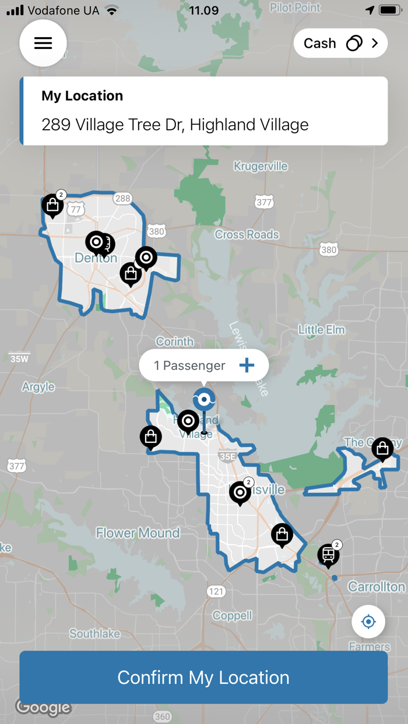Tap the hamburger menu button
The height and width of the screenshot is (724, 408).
tap(43, 43)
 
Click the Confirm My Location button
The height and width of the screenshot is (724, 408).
tap(203, 677)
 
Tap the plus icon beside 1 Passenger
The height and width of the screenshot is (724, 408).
tap(247, 365)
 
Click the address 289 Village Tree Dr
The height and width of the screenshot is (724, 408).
tap(175, 125)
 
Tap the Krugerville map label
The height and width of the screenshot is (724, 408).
tap(261, 166)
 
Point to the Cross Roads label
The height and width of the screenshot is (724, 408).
tap(247, 235)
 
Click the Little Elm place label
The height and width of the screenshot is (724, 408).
tap(321, 330)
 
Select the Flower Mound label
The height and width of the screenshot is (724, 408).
tap(138, 533)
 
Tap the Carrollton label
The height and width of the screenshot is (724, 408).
tap(376, 587)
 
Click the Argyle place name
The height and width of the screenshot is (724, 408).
tap(38, 386)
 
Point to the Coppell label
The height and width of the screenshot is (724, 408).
tap(232, 615)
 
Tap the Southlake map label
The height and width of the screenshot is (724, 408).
tap(95, 633)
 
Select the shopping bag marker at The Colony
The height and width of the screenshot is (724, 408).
tap(382, 448)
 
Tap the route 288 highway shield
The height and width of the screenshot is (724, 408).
tap(122, 198)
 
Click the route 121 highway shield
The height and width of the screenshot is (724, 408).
tap(216, 591)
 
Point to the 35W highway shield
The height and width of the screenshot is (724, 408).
tap(19, 359)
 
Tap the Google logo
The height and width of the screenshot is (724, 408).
tap(43, 708)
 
